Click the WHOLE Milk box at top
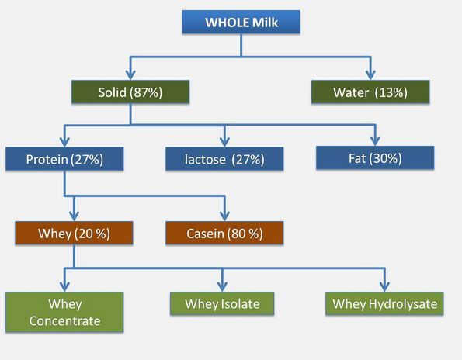tap(241, 22)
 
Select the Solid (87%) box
tap(130, 92)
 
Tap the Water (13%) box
tap(370, 92)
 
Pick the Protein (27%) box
tap(64, 159)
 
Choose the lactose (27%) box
tap(224, 159)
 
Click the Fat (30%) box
tap(375, 157)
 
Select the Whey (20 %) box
tap(74, 233)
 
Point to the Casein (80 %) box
tap(224, 233)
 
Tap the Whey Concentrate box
tap(64, 312)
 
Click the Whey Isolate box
tap(222, 303)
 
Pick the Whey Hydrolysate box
tap(384, 303)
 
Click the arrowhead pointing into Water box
tap(370, 75)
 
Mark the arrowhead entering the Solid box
tap(130, 75)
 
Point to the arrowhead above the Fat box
tap(375, 141)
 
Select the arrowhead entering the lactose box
tap(224, 142)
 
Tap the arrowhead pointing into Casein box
tap(224, 216)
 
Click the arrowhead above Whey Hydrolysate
tap(384, 287)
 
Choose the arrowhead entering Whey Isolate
tap(222, 287)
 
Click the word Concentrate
tap(64, 321)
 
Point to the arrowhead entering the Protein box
tap(64, 142)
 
